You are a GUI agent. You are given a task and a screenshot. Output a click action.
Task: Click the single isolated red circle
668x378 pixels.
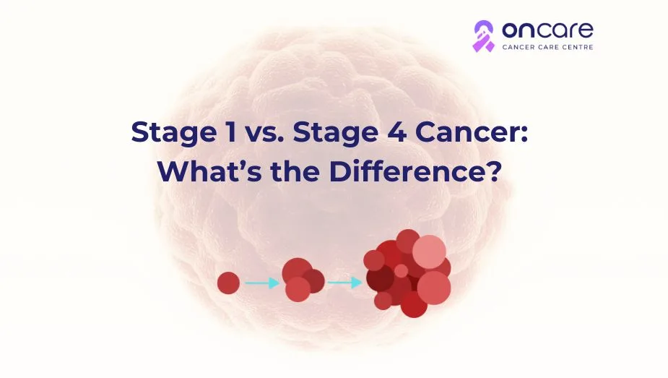tap(228, 283)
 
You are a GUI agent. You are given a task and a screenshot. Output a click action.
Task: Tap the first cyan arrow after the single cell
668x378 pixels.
tap(261, 283)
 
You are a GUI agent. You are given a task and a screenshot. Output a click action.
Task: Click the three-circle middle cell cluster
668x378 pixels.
tap(301, 280)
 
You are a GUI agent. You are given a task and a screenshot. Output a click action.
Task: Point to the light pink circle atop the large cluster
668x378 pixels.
tap(429, 252)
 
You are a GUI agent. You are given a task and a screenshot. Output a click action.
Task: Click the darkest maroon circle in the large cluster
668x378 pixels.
tap(380, 278)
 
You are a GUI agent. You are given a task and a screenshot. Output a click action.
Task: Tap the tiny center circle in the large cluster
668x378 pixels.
tap(401, 271)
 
